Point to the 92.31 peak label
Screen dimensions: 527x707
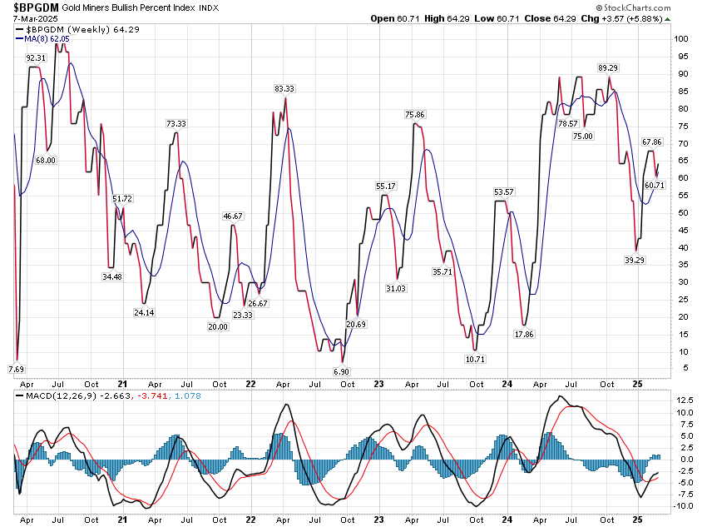[x=36, y=57]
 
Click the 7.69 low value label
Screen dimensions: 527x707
[x=16, y=368]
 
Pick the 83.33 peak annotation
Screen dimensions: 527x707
[x=284, y=88]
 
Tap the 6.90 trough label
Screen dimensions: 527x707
[x=341, y=370]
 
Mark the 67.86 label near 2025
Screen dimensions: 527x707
[x=651, y=142]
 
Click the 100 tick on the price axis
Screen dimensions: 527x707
[x=681, y=39]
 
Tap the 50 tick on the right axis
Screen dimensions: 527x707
[x=679, y=213]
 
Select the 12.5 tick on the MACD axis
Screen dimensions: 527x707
[x=684, y=400]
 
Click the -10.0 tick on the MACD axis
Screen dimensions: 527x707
[x=684, y=506]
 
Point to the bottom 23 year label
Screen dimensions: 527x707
[x=378, y=384]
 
